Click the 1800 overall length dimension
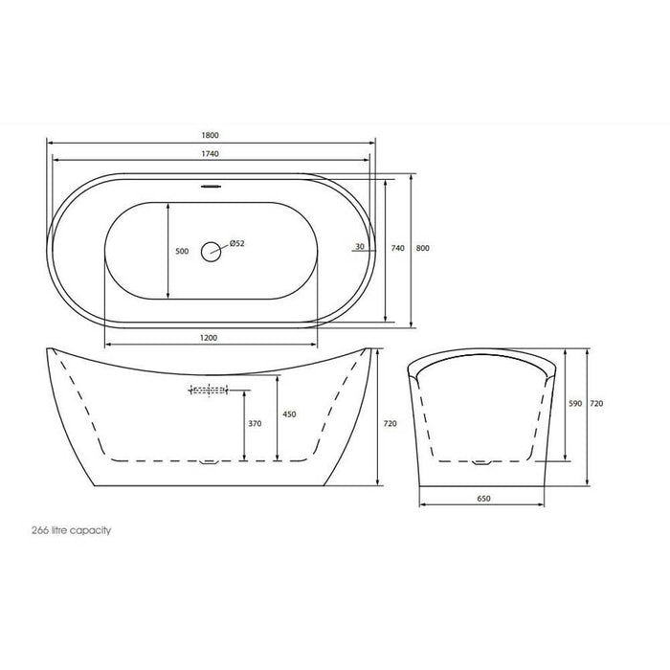point(212,136)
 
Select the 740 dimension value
point(398,249)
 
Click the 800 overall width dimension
point(423,249)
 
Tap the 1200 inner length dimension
point(212,337)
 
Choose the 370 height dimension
point(254,423)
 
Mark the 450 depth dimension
point(288,415)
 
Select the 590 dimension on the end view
point(575,404)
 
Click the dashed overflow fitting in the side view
point(209,391)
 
